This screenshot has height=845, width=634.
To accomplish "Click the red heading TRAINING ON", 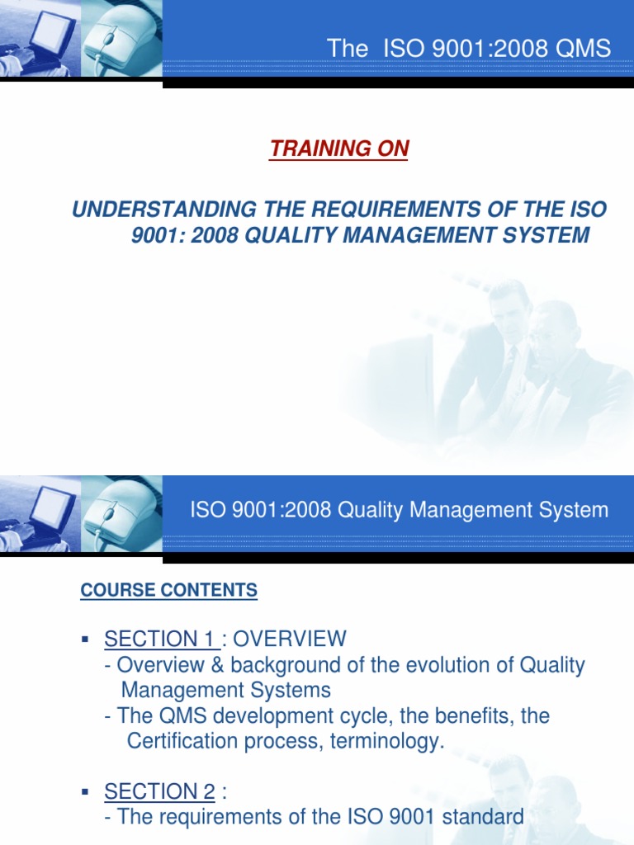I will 339,149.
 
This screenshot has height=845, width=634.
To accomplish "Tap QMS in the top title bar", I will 583,49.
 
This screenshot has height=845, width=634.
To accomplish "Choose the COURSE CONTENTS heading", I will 168,591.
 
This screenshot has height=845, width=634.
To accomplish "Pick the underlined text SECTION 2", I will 159,793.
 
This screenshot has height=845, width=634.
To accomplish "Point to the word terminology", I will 392,741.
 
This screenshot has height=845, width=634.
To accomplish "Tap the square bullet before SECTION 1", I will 85,640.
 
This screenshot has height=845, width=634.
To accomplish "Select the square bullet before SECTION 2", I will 85,793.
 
